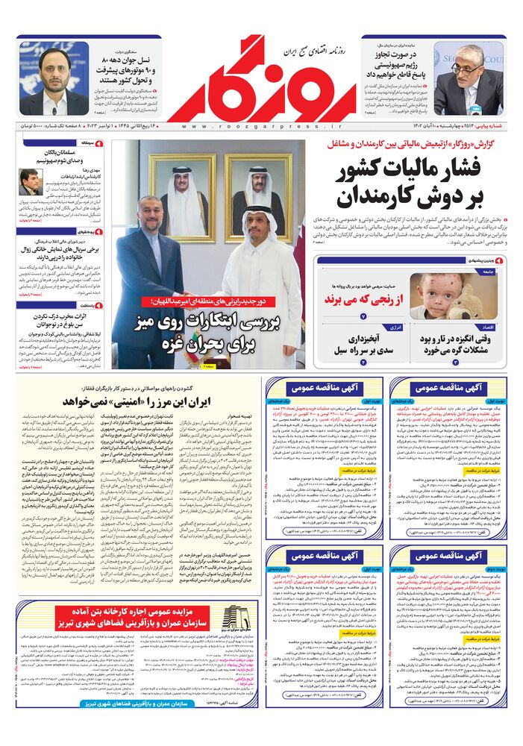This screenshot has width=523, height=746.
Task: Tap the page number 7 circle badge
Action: coord(363,316)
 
